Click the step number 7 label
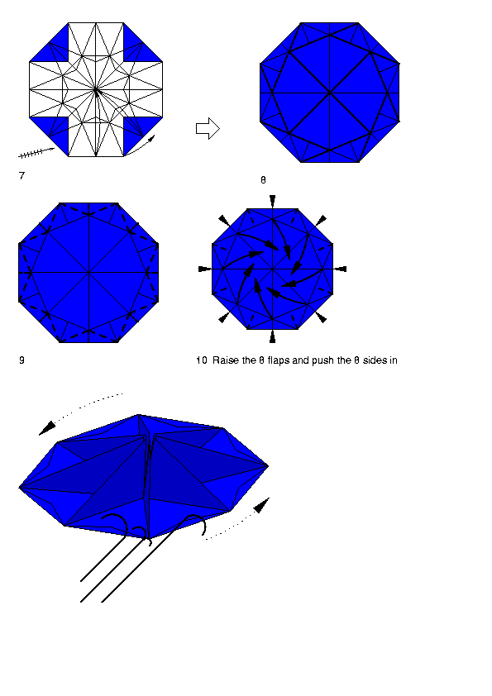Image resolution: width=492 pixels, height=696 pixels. tap(21, 176)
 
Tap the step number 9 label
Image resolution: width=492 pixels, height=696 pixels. tap(21, 360)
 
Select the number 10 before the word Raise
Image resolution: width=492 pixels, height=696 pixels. tap(202, 360)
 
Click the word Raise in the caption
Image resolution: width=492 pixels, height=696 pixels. tap(226, 360)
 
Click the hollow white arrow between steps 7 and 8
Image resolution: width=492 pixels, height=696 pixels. tap(208, 128)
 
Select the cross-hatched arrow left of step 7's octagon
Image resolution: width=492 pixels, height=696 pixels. tap(36, 153)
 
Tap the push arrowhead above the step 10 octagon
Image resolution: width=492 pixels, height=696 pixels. tap(272, 200)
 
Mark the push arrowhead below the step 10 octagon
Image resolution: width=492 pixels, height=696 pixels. tap(272, 337)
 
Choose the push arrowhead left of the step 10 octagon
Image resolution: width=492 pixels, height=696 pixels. tap(204, 269)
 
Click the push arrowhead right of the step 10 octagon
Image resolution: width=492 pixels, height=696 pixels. tap(341, 269)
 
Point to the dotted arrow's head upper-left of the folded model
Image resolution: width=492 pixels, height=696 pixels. tap(46, 428)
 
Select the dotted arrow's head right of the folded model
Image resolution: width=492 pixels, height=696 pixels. tap(261, 505)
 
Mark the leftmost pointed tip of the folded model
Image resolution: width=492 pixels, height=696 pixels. tap(19, 488)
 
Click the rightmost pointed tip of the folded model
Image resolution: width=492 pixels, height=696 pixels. tap(268, 465)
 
